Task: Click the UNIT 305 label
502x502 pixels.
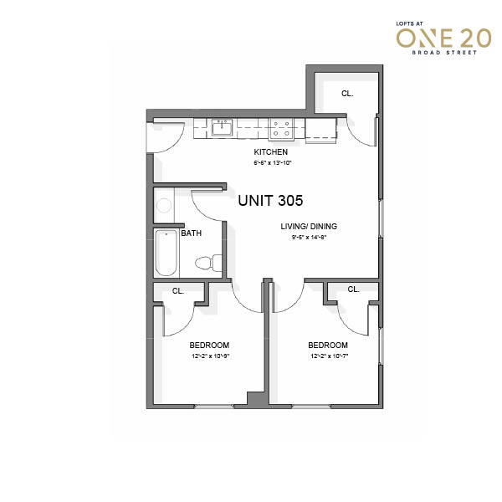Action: click(270, 201)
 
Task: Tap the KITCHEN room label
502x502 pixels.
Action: click(271, 151)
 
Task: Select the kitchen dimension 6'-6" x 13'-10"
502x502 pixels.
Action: click(273, 162)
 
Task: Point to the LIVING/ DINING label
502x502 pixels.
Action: click(309, 227)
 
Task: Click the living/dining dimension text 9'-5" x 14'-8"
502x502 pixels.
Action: click(309, 238)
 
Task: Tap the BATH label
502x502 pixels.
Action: click(191, 233)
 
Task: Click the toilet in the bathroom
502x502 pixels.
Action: click(208, 263)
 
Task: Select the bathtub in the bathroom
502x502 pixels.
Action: click(166, 253)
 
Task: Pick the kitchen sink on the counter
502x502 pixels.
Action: click(222, 128)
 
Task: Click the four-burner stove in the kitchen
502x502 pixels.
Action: click(281, 129)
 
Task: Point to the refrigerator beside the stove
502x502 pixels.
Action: click(320, 131)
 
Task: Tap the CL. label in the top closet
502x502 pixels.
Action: click(347, 94)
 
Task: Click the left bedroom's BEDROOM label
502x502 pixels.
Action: click(209, 345)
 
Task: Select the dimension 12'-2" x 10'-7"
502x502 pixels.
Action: click(329, 356)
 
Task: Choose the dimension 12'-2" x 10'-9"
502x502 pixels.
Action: click(211, 356)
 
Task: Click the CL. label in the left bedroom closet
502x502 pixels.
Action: click(178, 291)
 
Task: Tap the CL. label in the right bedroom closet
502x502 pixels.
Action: click(353, 289)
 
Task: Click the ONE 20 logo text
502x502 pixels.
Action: click(443, 38)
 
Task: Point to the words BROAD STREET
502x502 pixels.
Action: click(444, 53)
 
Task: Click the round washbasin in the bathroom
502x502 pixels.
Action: click(164, 205)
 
